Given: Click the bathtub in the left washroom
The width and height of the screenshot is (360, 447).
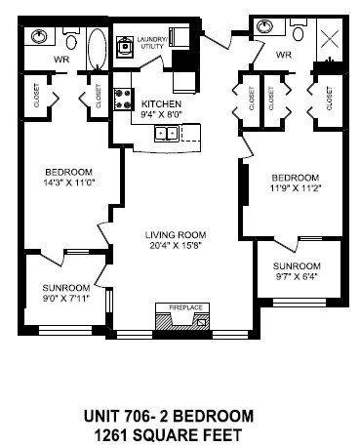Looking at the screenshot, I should point(97,46).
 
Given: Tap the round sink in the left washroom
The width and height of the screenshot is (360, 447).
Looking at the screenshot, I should point(39,38).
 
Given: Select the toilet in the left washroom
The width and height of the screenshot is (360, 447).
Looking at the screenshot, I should point(70,40).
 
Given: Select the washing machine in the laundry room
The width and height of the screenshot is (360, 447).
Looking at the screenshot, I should point(126,45).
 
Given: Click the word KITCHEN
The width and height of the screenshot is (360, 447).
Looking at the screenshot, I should point(161,102).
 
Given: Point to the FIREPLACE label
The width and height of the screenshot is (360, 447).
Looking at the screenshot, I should point(184,307).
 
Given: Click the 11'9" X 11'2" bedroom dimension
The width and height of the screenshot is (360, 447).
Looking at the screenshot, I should point(295,189).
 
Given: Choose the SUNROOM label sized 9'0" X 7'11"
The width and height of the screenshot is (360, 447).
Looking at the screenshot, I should point(66,287).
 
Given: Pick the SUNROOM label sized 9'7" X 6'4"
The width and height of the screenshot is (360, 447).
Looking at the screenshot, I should point(296,265).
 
